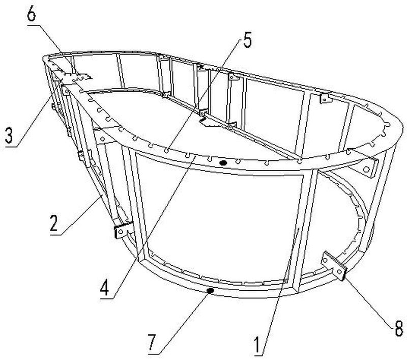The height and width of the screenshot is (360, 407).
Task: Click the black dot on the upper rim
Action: [222, 163]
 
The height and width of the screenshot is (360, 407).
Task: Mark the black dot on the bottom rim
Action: [209, 291]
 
